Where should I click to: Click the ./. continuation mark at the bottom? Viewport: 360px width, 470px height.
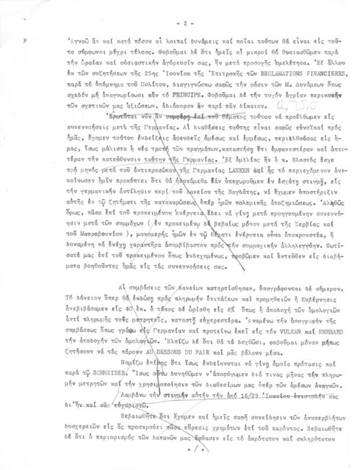pos(193,464)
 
